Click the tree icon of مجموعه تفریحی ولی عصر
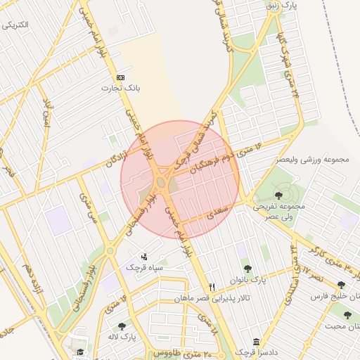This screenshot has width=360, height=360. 279,195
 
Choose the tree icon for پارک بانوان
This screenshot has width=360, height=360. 247,268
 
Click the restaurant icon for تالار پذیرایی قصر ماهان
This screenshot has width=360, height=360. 212,288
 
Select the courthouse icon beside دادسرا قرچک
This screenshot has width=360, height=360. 256,342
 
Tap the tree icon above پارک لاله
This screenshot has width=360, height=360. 122,326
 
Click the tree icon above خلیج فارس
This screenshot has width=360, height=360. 341,285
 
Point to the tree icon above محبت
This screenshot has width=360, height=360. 347,316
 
